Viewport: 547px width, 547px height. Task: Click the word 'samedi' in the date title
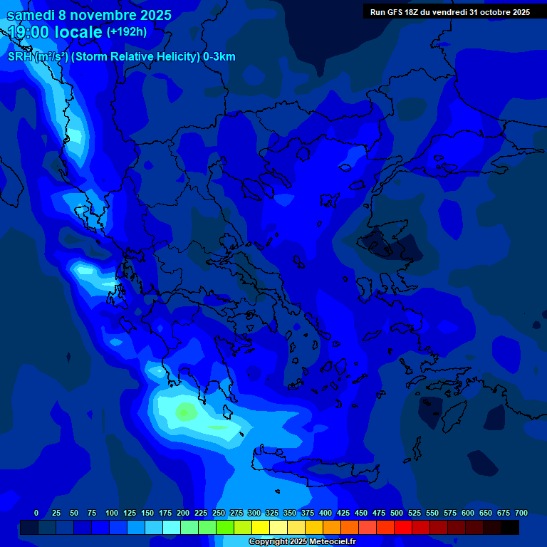point(33,14)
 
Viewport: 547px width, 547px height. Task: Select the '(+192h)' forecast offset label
point(127,32)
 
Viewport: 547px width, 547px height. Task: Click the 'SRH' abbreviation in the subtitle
point(19,57)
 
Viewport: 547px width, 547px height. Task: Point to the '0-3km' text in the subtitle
point(219,57)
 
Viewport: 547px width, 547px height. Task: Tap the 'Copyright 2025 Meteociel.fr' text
point(301,542)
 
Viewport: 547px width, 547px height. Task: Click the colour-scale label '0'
point(36,513)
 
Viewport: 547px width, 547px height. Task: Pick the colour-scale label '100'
point(111,513)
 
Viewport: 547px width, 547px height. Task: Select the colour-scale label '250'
point(218,513)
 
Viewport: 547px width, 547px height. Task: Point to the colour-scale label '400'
point(325,513)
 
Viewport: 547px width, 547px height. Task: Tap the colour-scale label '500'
point(397,513)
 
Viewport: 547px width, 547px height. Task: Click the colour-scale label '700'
point(521,513)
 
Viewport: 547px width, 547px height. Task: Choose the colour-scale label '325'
point(271,513)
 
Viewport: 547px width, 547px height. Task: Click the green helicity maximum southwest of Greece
point(187,411)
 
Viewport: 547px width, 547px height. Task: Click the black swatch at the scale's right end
point(510,527)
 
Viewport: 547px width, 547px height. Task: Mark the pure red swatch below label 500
point(403,527)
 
